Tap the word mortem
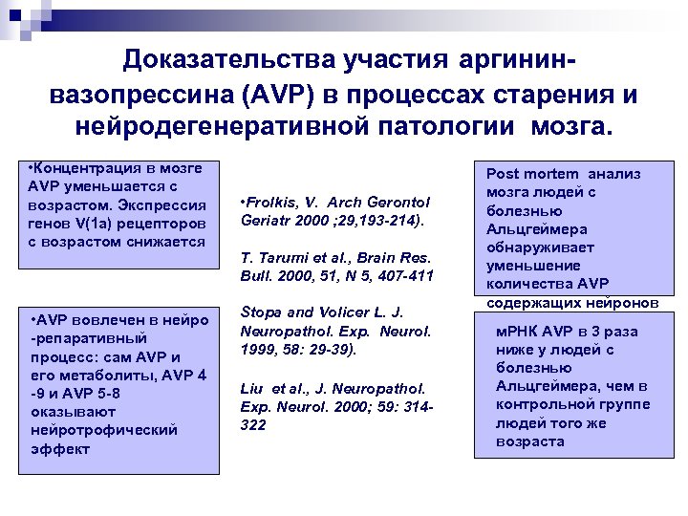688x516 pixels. [551, 174]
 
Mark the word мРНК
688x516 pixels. [517, 332]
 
